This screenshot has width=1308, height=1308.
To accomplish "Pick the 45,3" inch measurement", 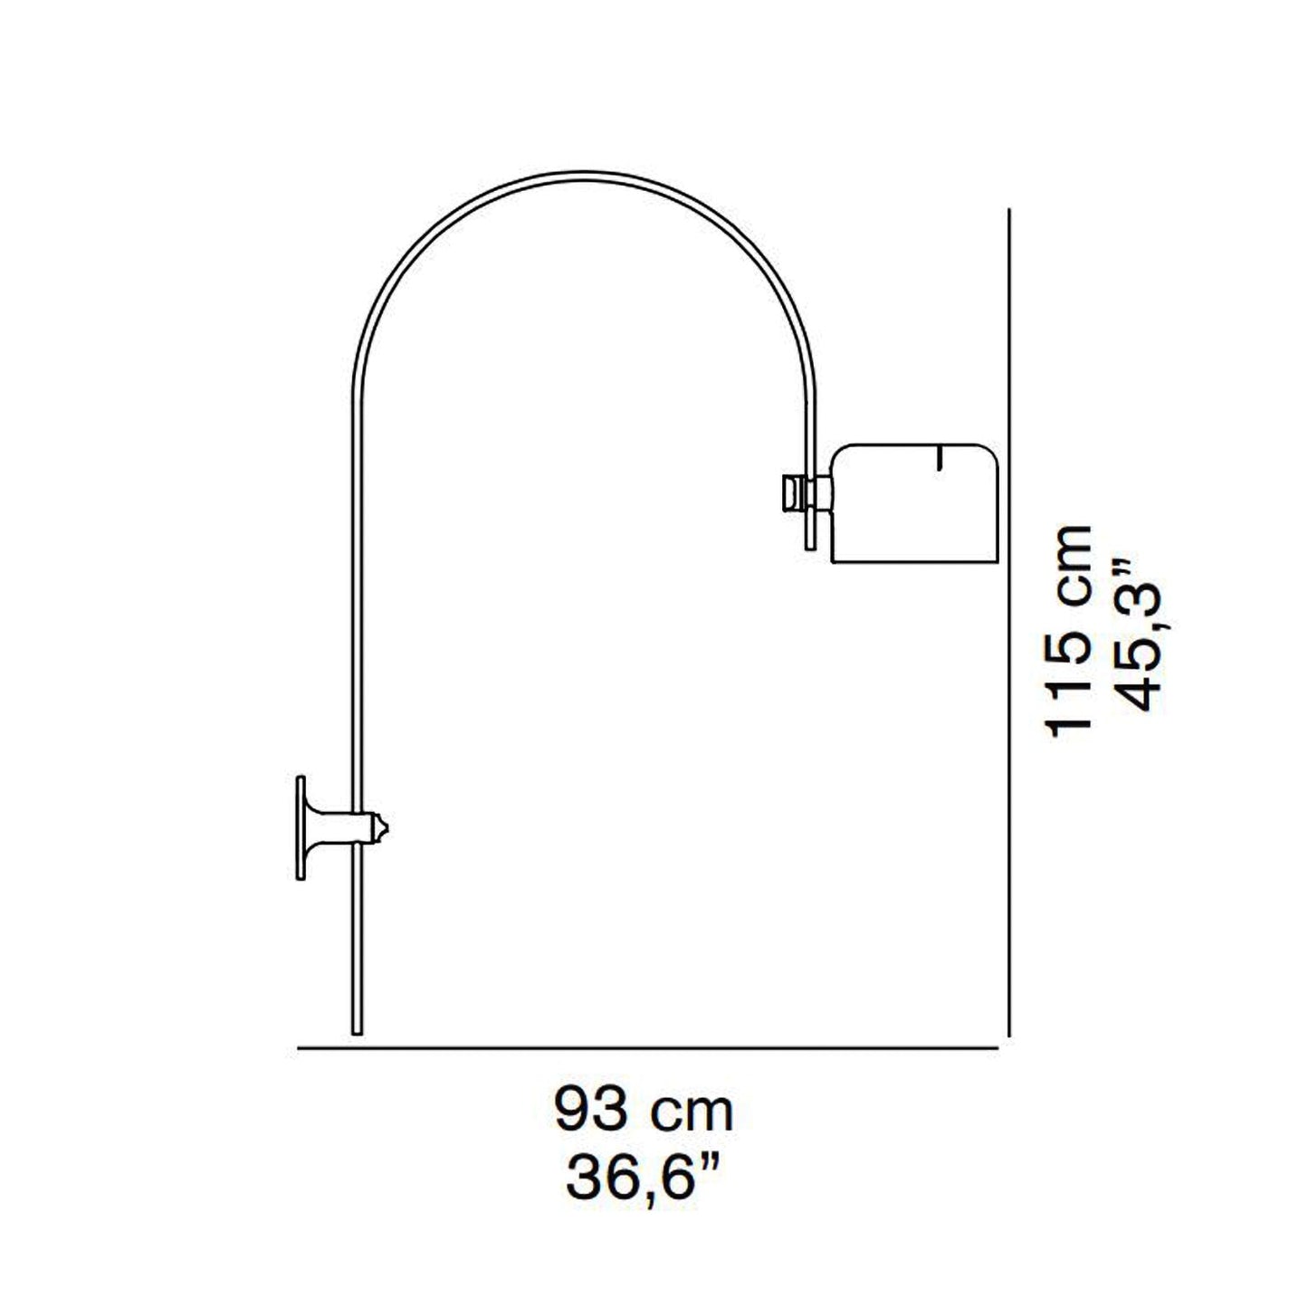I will (1132, 634).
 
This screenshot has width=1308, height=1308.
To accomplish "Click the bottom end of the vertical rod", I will (356, 1028).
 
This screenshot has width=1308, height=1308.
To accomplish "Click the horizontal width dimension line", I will (647, 1048).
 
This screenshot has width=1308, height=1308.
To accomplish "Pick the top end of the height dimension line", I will (1007, 211).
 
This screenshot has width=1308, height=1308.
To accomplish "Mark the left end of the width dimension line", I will (300, 1048).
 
